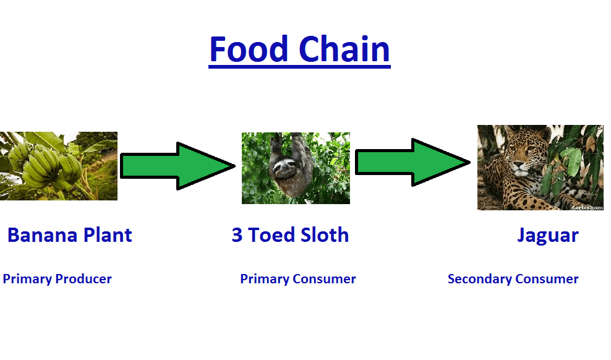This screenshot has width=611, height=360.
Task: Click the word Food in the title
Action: pyautogui.click(x=249, y=49)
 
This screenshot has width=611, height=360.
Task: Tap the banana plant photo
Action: pyautogui.click(x=58, y=166)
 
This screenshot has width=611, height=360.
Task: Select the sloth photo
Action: pyautogui.click(x=296, y=168)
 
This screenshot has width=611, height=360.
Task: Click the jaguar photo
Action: pyautogui.click(x=540, y=168)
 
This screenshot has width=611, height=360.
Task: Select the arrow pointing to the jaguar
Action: pyautogui.click(x=412, y=162)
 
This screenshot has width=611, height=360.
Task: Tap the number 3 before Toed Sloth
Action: pyautogui.click(x=237, y=236)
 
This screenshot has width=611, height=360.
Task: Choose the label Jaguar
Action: pyautogui.click(x=547, y=236)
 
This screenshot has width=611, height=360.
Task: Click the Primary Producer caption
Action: pyautogui.click(x=57, y=279)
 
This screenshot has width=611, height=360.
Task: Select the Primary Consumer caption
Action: pyautogui.click(x=297, y=279)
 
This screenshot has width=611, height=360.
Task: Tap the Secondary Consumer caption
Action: pyautogui.click(x=513, y=279)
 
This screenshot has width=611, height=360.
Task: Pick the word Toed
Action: pyautogui.click(x=270, y=236)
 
